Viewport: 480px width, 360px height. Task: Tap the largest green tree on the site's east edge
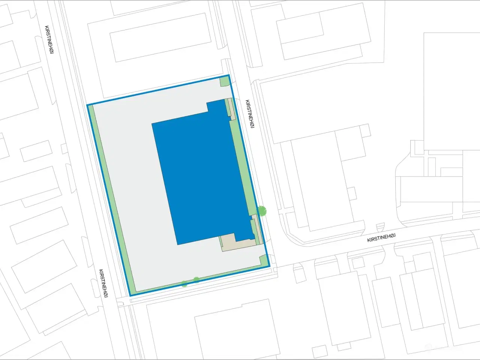tap(262, 211)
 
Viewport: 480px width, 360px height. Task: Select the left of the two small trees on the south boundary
tap(184, 283)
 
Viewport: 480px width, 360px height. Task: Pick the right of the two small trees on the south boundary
tap(196, 280)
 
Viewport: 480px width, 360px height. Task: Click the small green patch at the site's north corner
tap(224, 81)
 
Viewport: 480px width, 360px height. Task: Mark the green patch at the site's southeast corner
tap(264, 261)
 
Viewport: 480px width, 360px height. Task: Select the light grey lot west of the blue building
tap(131, 187)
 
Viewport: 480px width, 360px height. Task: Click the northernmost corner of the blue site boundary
tap(228, 75)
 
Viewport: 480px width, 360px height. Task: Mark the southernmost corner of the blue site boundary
tap(130, 295)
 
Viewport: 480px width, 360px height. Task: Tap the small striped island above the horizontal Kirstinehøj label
tap(380, 226)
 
